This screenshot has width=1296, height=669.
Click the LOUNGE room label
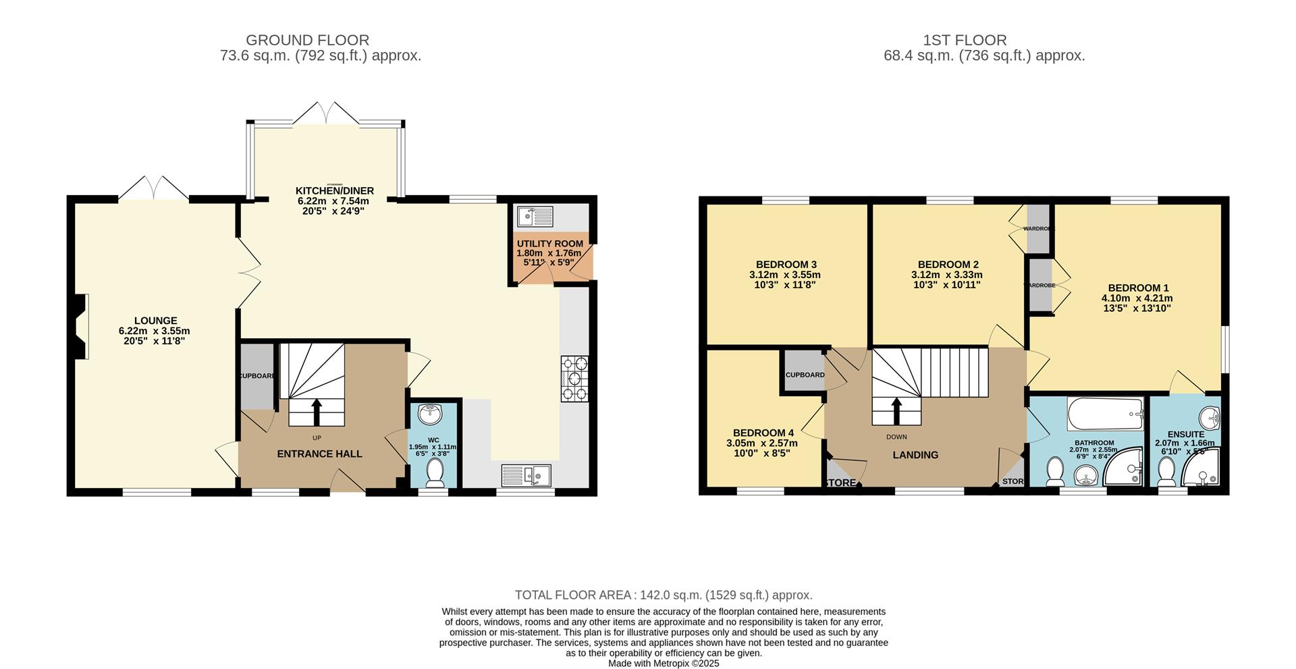click(x=155, y=321)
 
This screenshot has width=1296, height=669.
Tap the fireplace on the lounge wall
click(x=81, y=327)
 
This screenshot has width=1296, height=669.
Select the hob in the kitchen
click(x=574, y=379)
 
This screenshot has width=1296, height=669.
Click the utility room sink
click(x=535, y=217)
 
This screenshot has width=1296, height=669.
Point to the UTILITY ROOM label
click(x=549, y=244)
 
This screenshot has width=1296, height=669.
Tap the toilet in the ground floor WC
click(x=435, y=473)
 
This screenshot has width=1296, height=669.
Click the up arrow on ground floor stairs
click(x=317, y=411)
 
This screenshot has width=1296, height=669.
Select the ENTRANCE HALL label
click(x=319, y=454)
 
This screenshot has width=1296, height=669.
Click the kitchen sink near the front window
click(x=526, y=475)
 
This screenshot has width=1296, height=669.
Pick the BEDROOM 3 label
click(x=786, y=265)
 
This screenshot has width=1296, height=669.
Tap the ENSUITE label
click(x=1185, y=434)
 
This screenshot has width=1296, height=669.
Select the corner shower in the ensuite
click(x=1202, y=470)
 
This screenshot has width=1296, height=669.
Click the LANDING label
click(x=915, y=455)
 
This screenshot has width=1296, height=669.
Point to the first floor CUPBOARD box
click(x=804, y=373)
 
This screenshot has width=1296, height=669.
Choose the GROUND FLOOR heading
click(x=307, y=41)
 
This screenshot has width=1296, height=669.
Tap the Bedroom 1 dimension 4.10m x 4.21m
click(x=1137, y=298)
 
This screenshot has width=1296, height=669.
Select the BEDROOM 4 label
click(x=763, y=433)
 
